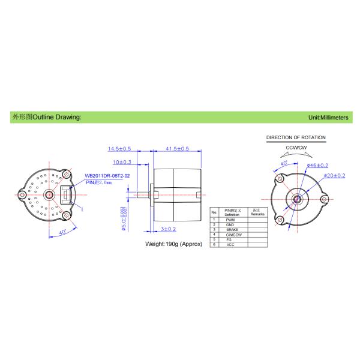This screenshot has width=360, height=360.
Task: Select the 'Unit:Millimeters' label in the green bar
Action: coord(328,118)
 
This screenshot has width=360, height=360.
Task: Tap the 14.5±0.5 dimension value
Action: coord(120,148)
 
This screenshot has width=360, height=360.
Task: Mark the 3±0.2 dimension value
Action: coord(167,229)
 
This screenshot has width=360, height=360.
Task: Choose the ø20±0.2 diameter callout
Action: coord(334,175)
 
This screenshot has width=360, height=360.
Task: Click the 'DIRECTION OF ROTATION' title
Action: coord(296,137)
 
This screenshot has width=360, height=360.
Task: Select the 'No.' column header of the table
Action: coord(214,212)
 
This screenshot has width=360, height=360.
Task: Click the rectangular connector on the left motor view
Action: coord(65,194)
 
